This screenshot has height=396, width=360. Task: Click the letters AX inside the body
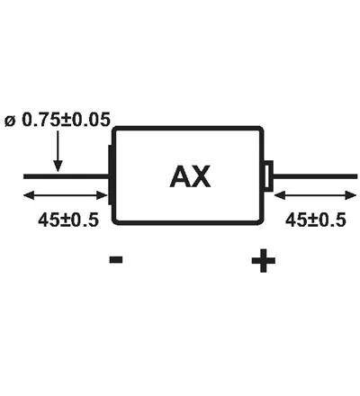tap(190, 176)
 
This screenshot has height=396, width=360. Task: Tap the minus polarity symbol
tap(116, 259)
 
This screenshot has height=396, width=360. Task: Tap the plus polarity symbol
tap(264, 260)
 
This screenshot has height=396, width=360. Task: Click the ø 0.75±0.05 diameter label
tap(58, 120)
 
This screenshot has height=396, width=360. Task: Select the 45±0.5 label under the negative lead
tap(68, 220)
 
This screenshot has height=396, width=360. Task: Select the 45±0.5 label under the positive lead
tap(316, 220)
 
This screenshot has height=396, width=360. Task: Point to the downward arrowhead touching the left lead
tap(58, 166)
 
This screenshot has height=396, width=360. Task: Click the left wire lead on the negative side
tap(66, 176)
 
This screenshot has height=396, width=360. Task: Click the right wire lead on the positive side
tap(315, 176)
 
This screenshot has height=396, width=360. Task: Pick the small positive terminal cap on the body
tap(268, 175)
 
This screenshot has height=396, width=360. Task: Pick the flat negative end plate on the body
tap(110, 175)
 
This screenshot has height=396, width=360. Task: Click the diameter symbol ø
tap(10, 121)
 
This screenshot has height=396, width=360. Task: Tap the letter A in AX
tap(180, 176)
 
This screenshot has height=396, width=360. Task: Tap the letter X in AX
tap(201, 176)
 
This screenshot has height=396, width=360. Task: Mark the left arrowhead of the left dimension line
tap(29, 195)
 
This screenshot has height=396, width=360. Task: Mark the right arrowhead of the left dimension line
tap(102, 195)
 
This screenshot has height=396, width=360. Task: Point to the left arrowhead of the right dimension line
tap(280, 195)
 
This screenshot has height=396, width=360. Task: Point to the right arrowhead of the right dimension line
tap(351, 195)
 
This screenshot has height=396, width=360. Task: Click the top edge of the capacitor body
tap(188, 128)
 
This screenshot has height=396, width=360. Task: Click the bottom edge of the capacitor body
tap(188, 222)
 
